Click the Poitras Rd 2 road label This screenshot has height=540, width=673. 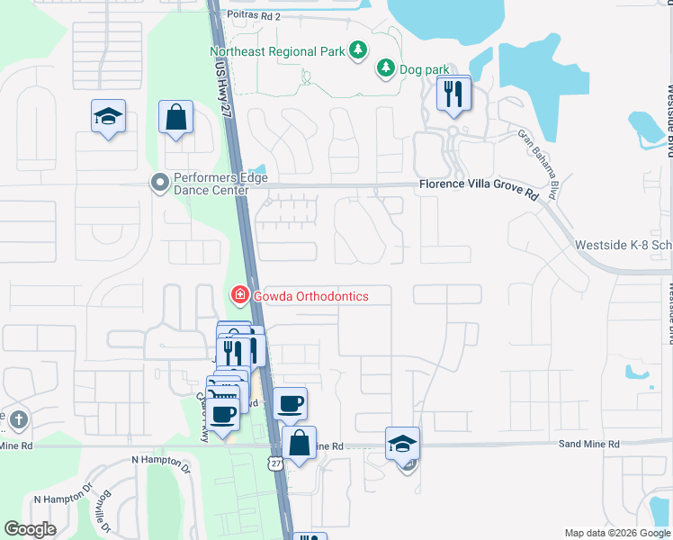254,16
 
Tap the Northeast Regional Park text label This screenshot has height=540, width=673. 277,51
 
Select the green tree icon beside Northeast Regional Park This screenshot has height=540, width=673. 359,49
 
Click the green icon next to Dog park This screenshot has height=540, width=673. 386,67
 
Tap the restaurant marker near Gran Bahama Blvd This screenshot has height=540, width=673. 453,94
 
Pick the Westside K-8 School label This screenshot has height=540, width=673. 624,245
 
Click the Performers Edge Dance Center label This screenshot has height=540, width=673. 211,184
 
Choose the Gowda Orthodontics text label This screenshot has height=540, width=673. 310,295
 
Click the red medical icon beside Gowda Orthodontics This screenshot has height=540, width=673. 239,294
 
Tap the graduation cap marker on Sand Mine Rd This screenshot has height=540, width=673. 403,443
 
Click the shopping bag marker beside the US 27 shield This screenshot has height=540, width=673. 300,443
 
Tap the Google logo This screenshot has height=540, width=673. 31,529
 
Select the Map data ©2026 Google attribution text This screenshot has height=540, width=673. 616,533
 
